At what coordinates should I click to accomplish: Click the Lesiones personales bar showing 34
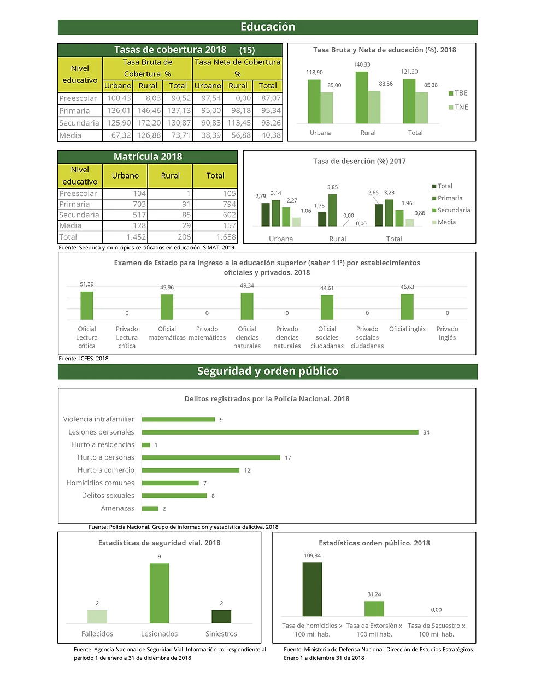coord(280,432)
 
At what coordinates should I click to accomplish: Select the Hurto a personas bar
coord(211,457)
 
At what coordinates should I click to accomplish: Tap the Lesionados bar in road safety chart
coord(159,593)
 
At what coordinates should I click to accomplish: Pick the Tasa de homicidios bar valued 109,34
coord(312,590)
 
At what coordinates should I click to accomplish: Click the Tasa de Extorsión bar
coord(374,609)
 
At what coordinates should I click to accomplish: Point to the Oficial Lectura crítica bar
coord(87,306)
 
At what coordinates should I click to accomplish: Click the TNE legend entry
coord(458,107)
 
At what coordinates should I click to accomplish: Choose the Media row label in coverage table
coord(70,135)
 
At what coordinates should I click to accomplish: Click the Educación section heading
coord(268,27)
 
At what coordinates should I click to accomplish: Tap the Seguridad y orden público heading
coord(268,371)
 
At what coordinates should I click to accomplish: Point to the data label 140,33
coord(362,64)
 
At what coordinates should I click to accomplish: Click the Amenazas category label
coord(117,508)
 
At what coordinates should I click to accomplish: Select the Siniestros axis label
coord(221,634)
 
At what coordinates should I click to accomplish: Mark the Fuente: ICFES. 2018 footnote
coord(84,359)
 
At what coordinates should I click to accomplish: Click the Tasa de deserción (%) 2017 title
coord(359,161)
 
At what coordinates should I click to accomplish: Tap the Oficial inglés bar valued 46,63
coord(407,307)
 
